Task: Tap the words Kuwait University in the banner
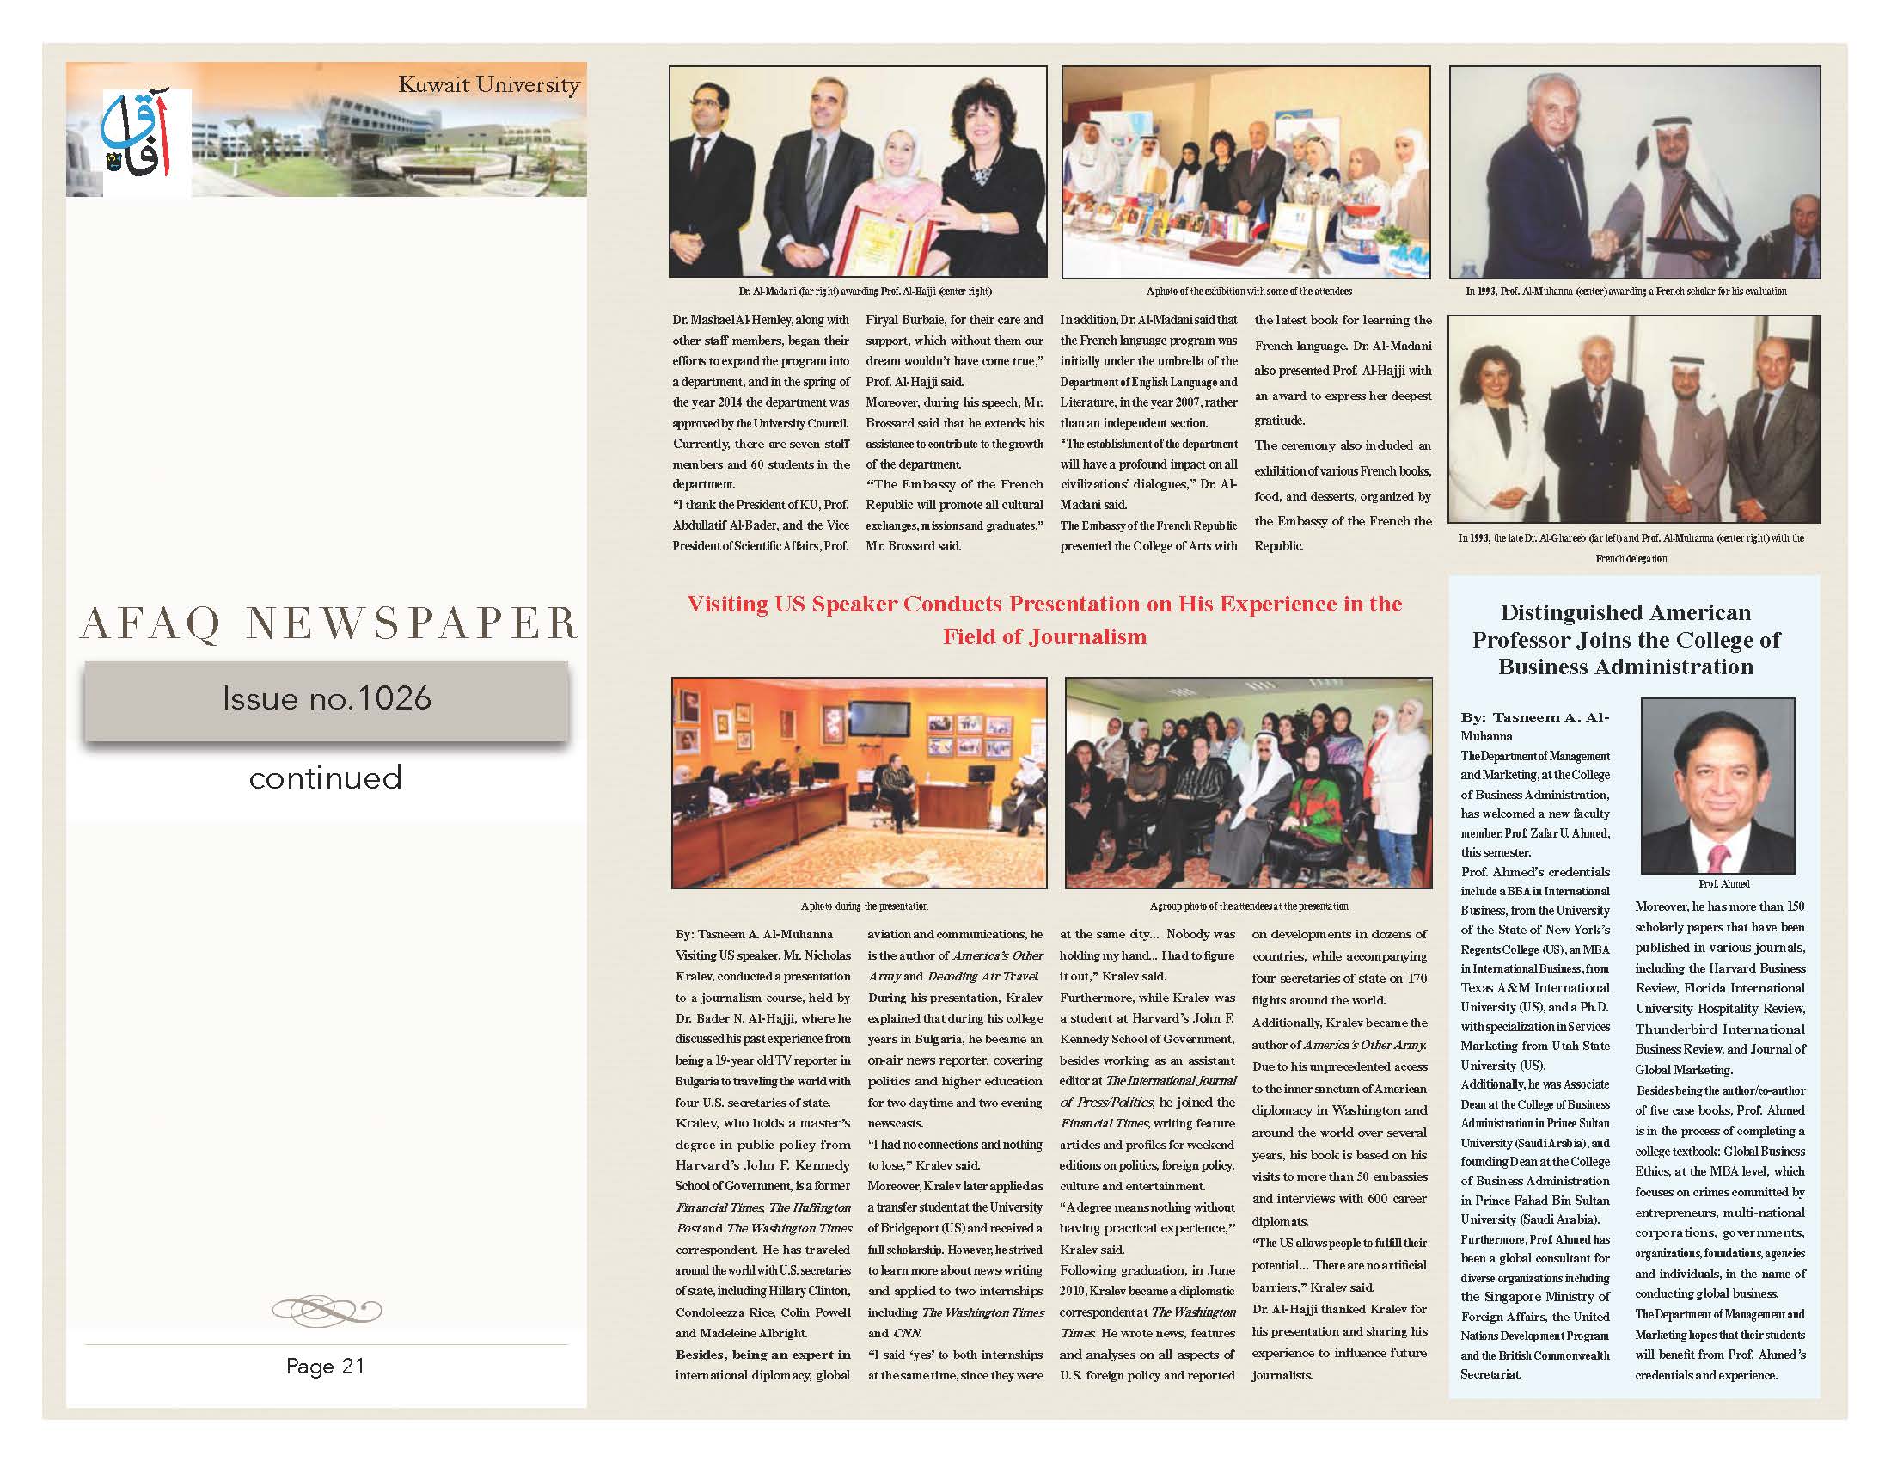click(488, 85)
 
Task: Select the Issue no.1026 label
click(327, 699)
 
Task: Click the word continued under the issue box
click(326, 777)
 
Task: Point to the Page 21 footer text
click(326, 1366)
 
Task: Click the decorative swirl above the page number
click(327, 1307)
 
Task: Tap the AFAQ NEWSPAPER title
click(328, 623)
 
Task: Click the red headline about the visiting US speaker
click(1044, 620)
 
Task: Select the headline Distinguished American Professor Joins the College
click(1625, 640)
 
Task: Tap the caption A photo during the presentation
click(864, 906)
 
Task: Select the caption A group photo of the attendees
click(1249, 906)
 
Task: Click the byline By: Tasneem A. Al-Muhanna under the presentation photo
click(753, 935)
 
